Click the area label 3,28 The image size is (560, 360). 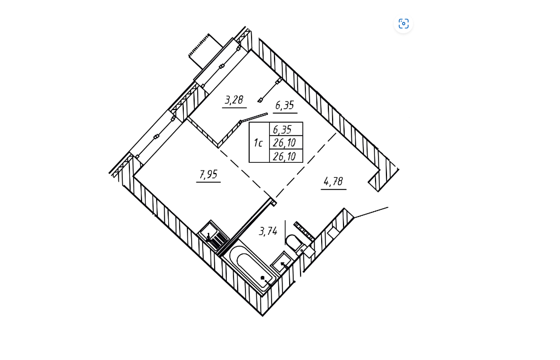click(234, 100)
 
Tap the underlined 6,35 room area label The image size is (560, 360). click(285, 106)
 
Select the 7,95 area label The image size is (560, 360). click(208, 175)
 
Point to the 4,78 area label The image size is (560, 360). click(333, 182)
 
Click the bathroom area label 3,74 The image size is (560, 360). click(268, 231)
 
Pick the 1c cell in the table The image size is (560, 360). click(258, 143)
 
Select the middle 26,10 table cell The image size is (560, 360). click(285, 143)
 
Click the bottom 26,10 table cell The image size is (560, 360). click(285, 156)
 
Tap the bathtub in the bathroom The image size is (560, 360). click(251, 267)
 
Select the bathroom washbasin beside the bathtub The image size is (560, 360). click(281, 263)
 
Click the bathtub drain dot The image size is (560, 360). click(262, 278)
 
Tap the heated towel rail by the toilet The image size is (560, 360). click(303, 230)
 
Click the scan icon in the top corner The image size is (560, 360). click(403, 24)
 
